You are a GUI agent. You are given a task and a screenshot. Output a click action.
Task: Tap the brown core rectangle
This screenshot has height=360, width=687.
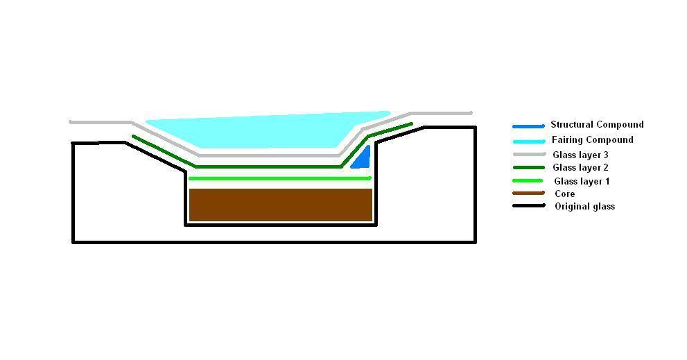tap(280, 205)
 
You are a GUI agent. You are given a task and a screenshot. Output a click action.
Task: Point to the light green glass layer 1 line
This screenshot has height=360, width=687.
tap(280, 178)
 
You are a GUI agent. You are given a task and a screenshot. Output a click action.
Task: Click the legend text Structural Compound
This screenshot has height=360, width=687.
tap(597, 125)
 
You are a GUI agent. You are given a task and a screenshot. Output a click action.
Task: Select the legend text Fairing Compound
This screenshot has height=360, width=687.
tap(592, 140)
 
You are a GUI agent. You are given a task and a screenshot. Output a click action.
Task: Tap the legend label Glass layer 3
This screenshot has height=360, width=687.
tap(580, 155)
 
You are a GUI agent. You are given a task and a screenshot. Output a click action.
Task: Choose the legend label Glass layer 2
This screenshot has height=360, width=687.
tap(580, 167)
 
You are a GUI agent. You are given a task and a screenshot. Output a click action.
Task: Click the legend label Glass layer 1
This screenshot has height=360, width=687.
tap(582, 181)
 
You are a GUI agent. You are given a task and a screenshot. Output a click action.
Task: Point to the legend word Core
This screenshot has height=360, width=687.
tap(565, 194)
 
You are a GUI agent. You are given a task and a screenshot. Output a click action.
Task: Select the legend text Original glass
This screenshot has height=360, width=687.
tap(585, 206)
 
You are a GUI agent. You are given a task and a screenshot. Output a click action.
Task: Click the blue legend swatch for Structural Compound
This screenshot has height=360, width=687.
tap(528, 126)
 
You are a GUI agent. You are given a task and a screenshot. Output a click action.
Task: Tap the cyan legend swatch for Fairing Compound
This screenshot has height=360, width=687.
tap(529, 142)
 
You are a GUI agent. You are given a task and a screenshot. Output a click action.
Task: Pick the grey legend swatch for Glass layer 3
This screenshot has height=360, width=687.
tap(529, 155)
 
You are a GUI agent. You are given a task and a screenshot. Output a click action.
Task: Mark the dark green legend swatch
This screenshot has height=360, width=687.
tap(529, 167)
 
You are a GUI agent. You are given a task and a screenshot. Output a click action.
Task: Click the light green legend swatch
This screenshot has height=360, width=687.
tap(528, 180)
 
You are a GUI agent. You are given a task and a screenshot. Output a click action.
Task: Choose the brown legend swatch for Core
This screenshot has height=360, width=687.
tap(528, 193)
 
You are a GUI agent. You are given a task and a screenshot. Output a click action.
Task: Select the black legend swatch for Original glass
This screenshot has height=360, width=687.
tap(529, 205)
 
